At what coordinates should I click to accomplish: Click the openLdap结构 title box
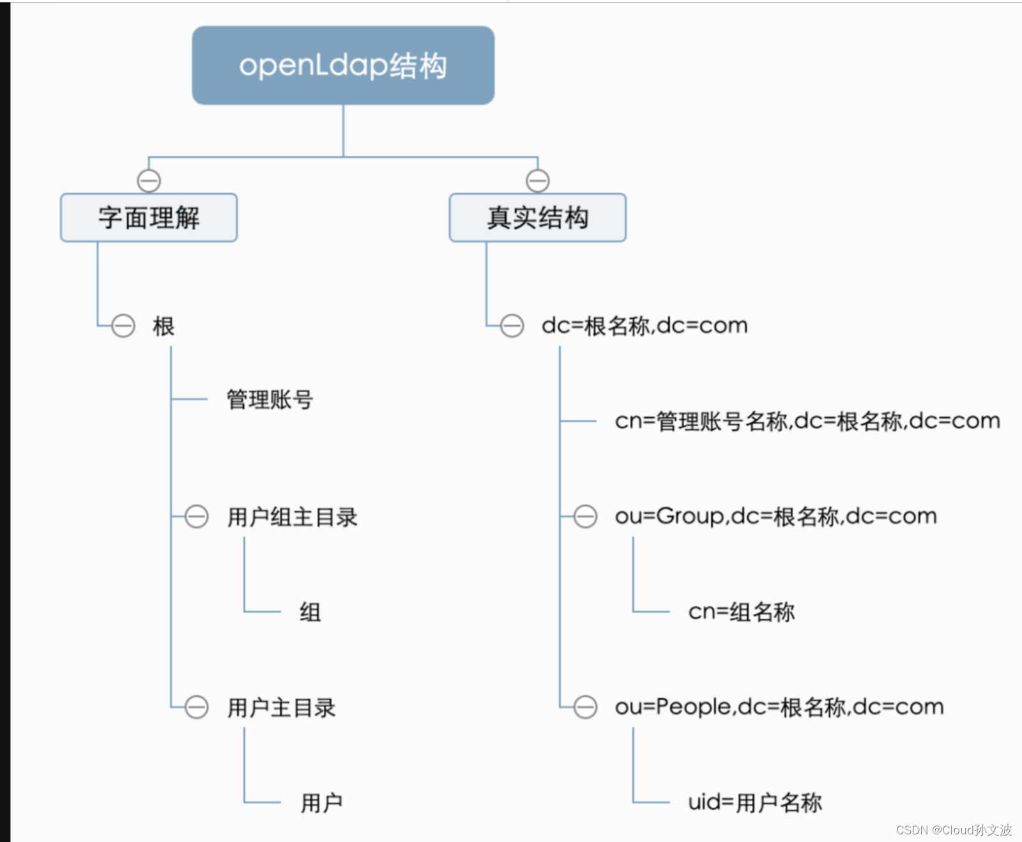tap(343, 65)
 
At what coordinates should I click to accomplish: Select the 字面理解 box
tap(149, 218)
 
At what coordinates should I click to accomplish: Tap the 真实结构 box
tap(537, 218)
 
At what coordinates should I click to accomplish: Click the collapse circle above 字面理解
tap(149, 181)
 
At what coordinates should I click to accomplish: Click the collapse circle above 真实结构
tap(537, 181)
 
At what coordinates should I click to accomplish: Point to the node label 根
tap(164, 326)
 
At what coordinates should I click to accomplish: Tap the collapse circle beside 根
tap(123, 326)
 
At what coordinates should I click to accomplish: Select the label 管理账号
tap(270, 400)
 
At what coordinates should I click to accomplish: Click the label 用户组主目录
tap(292, 517)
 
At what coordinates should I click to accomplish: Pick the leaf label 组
tap(310, 612)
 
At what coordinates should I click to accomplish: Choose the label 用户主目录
tap(281, 707)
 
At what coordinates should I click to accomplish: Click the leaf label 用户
tap(321, 802)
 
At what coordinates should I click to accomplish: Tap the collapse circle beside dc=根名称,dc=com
tap(512, 326)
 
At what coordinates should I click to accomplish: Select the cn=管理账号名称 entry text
tap(807, 421)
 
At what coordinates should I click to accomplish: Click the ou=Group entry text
tap(775, 516)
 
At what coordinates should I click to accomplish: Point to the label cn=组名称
tap(741, 612)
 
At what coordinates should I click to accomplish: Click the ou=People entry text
tap(779, 707)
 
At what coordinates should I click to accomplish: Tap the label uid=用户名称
tap(754, 802)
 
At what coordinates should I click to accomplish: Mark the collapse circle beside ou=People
tap(585, 707)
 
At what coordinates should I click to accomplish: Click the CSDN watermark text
tap(953, 830)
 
